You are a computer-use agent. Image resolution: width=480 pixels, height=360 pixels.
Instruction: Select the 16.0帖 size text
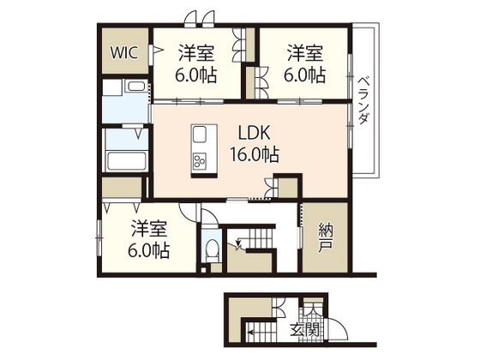click(254, 155)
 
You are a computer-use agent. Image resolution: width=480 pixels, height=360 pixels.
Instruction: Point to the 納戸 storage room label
click(325, 237)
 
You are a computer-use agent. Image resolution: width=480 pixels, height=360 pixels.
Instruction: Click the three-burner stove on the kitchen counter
click(201, 160)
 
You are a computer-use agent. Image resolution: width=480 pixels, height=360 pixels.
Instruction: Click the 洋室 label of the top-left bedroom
click(195, 51)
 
